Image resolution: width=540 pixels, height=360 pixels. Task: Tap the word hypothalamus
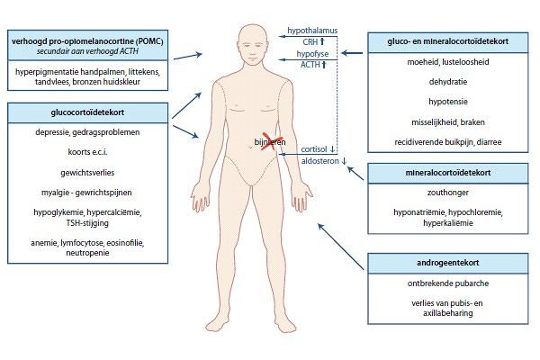(x=312, y=31)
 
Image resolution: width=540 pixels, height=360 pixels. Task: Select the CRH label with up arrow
(x=314, y=41)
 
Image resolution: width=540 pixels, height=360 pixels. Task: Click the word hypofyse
(x=312, y=54)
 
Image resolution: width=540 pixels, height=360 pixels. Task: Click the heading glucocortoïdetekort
(x=87, y=112)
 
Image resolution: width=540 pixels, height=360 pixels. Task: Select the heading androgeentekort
(x=447, y=263)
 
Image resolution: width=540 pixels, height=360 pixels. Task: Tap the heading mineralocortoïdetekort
(x=447, y=173)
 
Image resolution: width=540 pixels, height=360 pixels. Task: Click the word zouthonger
(x=447, y=193)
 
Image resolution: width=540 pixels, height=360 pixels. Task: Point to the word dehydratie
(x=447, y=82)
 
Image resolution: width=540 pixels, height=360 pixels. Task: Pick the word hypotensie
(x=447, y=102)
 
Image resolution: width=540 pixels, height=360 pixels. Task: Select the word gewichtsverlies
(x=87, y=173)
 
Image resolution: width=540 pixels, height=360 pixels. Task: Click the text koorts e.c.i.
(x=87, y=152)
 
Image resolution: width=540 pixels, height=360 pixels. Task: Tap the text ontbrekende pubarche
(x=447, y=283)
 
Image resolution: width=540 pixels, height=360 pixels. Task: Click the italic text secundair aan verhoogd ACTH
(x=87, y=51)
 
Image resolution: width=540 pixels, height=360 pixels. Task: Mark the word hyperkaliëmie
(x=447, y=223)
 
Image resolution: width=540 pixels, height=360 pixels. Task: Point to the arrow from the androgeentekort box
(x=340, y=247)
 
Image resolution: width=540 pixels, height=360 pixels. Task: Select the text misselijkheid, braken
(x=447, y=122)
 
